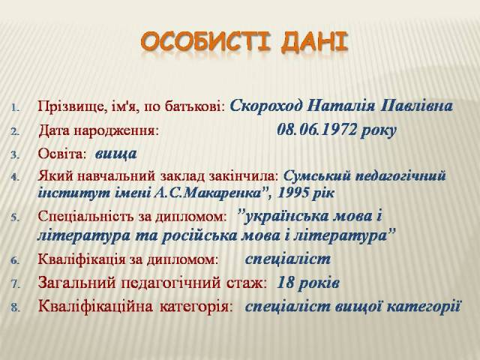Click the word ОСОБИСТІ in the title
pos(206,42)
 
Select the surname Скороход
pos(266,106)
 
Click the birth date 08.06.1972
pos(316,130)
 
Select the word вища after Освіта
pos(115,154)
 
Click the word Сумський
pos(317,176)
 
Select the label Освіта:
pos(61,154)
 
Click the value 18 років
pos(308,283)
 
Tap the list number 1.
pos(16,108)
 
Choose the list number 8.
pos(15,307)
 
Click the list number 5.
pos(15,217)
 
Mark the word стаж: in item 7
pos(247,283)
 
